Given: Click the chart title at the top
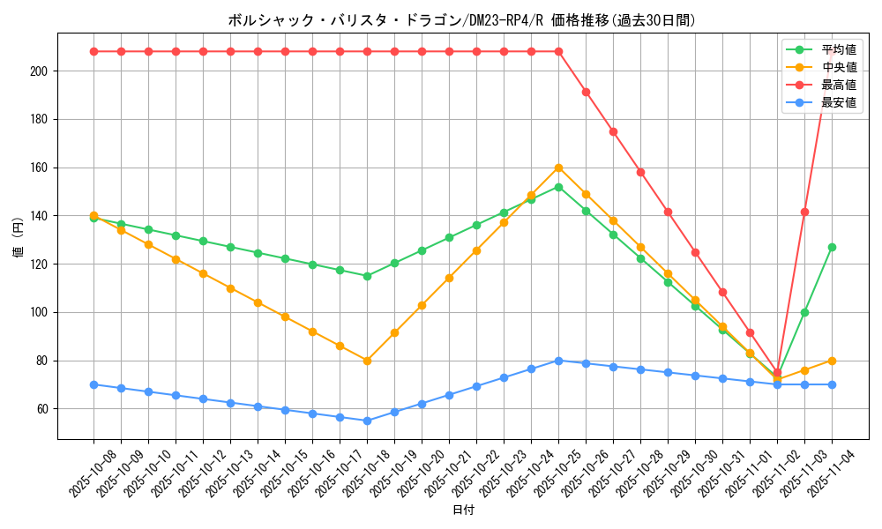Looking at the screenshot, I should point(461,20).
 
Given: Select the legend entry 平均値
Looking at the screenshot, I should point(833,49).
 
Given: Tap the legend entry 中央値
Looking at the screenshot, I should point(833,67).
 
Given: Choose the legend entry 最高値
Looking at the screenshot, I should point(833,85).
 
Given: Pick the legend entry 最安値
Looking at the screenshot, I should point(833,102).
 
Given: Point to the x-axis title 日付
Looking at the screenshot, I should point(463,510).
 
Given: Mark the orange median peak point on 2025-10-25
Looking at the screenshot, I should point(558,168).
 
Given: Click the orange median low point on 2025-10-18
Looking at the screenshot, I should point(367,361).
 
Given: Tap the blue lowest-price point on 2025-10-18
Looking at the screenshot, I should point(367,421).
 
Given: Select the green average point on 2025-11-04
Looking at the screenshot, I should point(832,247).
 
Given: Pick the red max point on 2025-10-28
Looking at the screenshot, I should point(640,172).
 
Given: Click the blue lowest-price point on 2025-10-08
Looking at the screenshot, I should point(93,384).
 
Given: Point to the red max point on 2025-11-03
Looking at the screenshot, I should point(804,212).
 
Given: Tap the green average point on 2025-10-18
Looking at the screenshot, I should point(367,276).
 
